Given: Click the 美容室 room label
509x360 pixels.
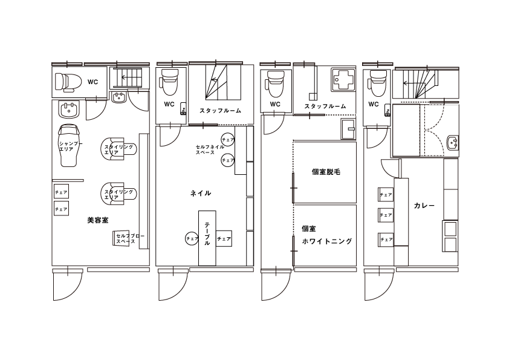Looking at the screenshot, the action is click(98, 220).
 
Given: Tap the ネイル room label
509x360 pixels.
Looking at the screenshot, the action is click(201, 194).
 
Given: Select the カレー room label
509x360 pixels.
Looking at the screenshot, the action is click(424, 206).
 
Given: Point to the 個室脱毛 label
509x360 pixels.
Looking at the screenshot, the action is click(326, 172).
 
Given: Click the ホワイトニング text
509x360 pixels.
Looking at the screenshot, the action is click(327, 241).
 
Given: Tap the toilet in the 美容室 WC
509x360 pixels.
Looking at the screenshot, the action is click(68, 82).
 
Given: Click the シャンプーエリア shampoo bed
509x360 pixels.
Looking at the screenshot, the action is click(69, 145).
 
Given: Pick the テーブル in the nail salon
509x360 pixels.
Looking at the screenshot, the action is click(207, 238).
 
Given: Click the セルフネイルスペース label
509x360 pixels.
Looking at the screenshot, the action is click(210, 149).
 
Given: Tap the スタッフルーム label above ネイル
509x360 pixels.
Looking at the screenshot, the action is click(221, 111).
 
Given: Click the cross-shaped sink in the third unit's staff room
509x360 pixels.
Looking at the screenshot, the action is click(342, 79).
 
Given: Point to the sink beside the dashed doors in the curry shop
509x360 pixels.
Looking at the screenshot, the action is click(453, 143).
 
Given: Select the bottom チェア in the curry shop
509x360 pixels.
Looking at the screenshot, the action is click(386, 240).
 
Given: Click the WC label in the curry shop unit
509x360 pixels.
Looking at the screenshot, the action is click(374, 104).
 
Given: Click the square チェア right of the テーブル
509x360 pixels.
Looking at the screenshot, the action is click(224, 239).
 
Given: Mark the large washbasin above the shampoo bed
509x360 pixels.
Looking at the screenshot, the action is click(68, 109).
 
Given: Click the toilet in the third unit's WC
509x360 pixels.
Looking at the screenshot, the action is click(275, 83).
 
